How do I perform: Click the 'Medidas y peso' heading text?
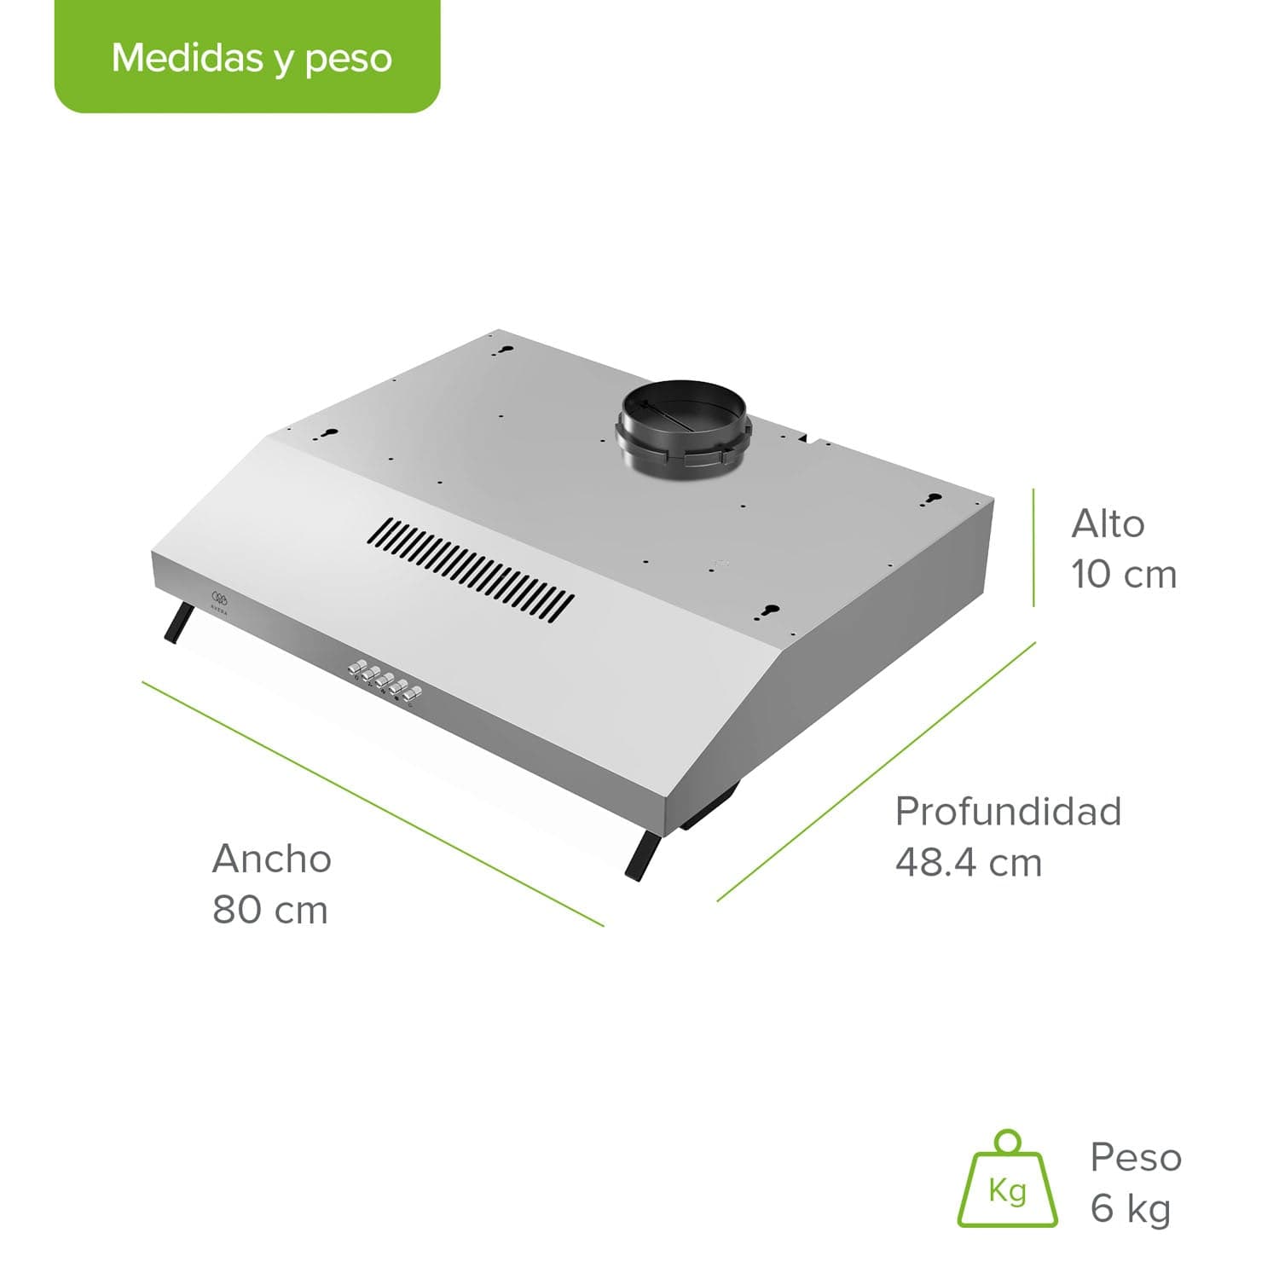(252, 58)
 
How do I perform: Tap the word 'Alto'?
(1108, 524)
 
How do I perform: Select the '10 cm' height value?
(1124, 575)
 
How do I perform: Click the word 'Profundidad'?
(1008, 811)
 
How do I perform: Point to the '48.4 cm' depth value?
(969, 863)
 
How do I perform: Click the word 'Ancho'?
(271, 859)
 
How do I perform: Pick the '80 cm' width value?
(270, 910)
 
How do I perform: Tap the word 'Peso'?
(1136, 1157)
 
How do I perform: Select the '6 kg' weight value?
(1131, 1209)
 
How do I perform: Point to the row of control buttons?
(385, 681)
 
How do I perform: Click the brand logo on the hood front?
(219, 599)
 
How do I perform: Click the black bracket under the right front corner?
(643, 856)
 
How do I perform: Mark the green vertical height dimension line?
(1033, 547)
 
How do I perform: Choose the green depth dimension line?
(877, 771)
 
